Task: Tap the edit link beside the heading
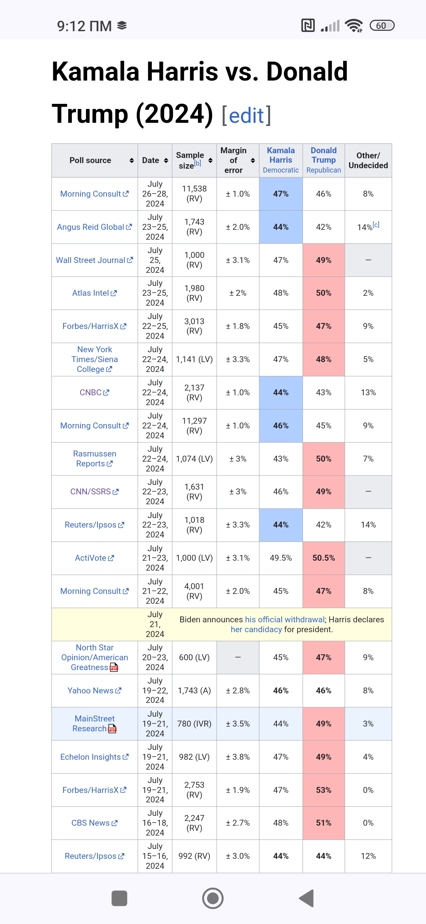tap(247, 116)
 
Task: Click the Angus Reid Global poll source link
tap(91, 227)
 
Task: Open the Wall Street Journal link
tap(91, 260)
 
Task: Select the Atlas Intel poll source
tap(91, 293)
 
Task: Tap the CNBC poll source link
tap(91, 393)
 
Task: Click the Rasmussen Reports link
tap(94, 458)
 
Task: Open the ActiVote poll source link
tap(91, 558)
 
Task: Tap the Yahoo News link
tap(91, 691)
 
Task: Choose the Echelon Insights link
tap(91, 757)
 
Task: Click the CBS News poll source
tap(91, 823)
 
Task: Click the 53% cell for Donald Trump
tap(323, 790)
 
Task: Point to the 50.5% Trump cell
tap(323, 558)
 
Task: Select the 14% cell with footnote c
tap(368, 227)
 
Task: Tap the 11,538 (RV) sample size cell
tap(194, 193)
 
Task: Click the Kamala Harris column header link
tap(281, 155)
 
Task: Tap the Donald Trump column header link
tap(323, 155)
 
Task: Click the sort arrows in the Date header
tap(166, 160)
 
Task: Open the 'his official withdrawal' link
tap(284, 620)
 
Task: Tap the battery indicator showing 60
tap(382, 26)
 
